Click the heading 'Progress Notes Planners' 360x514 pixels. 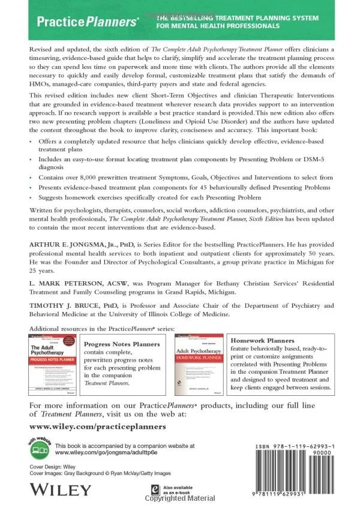[x=122, y=344]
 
